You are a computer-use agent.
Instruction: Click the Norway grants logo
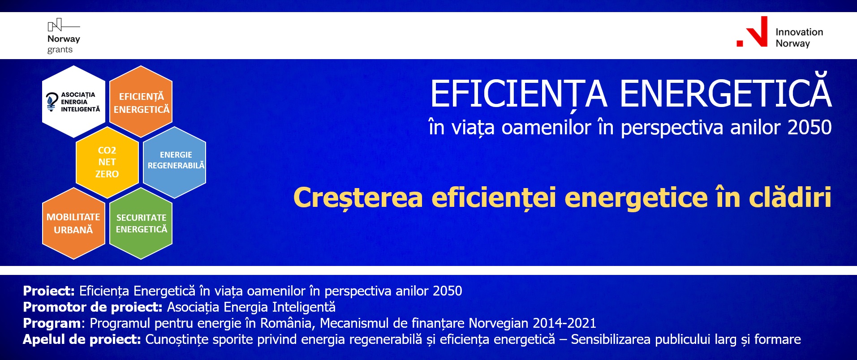[64, 36]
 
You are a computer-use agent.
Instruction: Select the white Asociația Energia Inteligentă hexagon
[73, 102]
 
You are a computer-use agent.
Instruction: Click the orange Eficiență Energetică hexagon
[141, 102]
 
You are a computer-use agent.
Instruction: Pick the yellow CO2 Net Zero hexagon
[107, 162]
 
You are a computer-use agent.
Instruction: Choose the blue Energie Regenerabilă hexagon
[174, 162]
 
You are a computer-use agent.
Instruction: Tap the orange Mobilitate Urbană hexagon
[73, 223]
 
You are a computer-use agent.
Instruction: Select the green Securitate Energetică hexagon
[141, 223]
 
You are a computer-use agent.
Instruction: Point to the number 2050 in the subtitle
[810, 128]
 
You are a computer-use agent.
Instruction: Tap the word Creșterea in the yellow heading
[358, 198]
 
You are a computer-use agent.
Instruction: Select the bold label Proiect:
[49, 291]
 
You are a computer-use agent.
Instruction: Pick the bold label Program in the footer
[52, 324]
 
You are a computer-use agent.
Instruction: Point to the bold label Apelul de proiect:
[82, 339]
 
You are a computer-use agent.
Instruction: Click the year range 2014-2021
[564, 323]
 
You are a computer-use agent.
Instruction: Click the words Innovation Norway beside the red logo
[799, 38]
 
